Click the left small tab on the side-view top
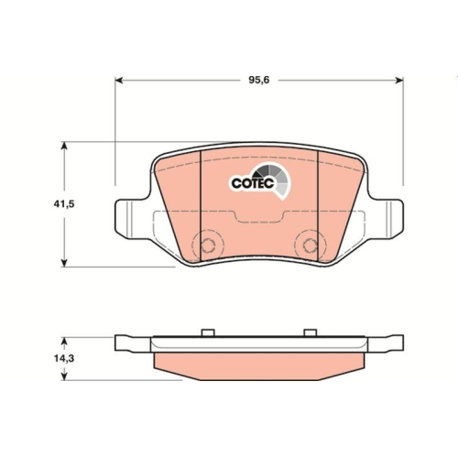point(207,331)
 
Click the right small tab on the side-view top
point(310,331)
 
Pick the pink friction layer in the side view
point(259,366)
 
